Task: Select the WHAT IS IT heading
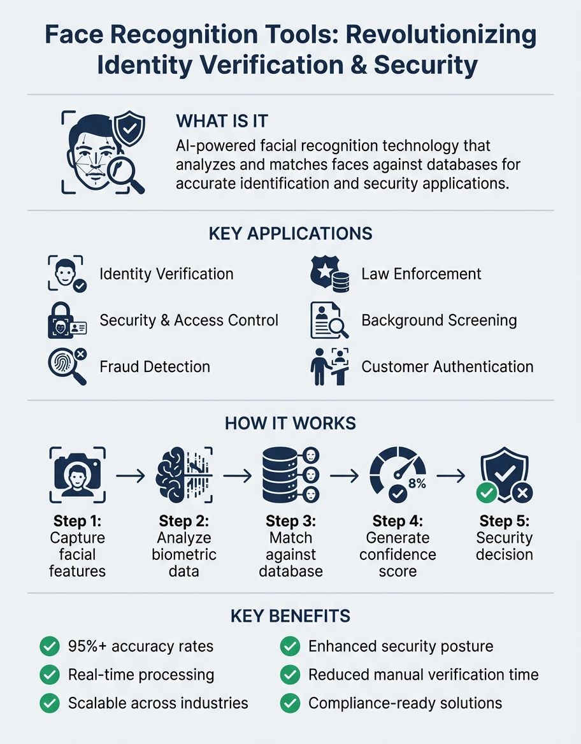222,121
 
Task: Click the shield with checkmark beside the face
129,128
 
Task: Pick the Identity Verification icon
66,274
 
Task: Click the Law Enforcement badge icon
329,274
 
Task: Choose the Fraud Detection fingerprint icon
66,366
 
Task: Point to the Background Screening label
439,320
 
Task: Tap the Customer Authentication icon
329,366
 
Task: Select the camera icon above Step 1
78,475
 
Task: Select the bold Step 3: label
290,521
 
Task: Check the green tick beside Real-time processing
49,675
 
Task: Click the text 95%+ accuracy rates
140,647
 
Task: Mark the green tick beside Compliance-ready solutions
290,703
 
